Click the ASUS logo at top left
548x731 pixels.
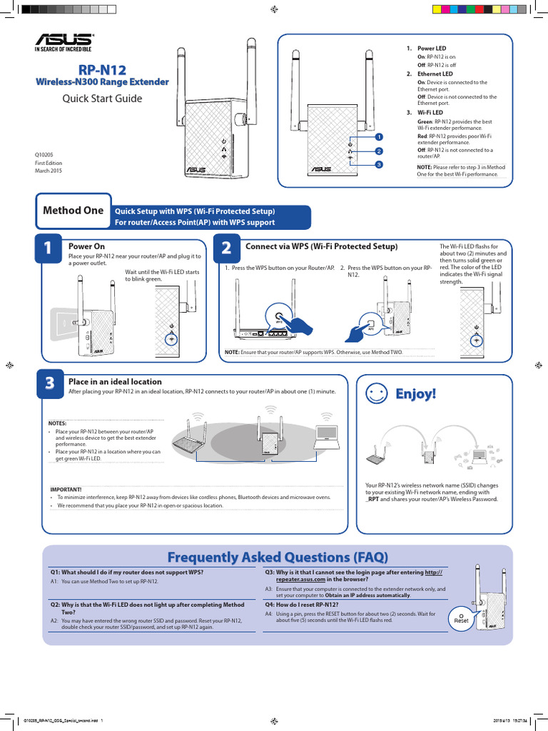64,42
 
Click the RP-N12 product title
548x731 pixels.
102,70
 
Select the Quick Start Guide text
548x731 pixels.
103,99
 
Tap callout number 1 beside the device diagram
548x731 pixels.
379,136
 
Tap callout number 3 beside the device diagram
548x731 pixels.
379,165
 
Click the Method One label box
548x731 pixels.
73,211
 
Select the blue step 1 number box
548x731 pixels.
48,248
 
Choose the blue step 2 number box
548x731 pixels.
226,248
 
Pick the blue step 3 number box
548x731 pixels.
49,383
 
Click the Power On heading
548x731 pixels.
86,246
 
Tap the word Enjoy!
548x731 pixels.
415,394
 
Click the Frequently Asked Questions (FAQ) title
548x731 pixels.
278,557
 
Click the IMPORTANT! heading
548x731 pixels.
66,489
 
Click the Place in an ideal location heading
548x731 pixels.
115,382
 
